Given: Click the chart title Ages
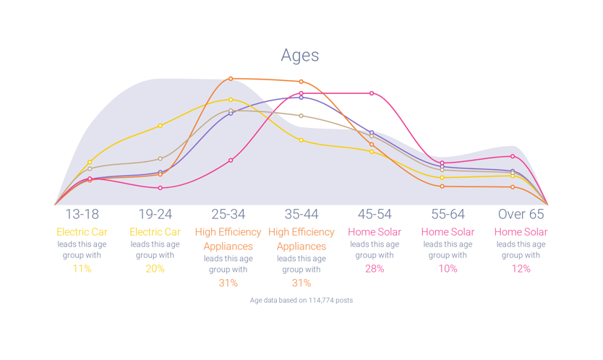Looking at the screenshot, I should coord(300,56).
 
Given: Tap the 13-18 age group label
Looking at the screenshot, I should coord(82,214).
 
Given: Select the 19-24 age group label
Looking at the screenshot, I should coord(155,214).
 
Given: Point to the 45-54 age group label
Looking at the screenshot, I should coord(375,214).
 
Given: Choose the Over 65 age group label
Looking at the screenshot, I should coord(521,214).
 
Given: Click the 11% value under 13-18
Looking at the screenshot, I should coord(82,269).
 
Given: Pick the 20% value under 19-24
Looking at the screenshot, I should coord(155,269).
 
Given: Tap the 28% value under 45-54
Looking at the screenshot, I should coord(375,269).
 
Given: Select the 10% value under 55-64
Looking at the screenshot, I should coord(448,269).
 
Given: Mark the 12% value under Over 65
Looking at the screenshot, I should coord(521,269).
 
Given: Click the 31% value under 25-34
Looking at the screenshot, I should coord(228,283).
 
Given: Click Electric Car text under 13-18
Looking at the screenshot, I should coord(82,232).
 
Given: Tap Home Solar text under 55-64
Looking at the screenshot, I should coord(448,232).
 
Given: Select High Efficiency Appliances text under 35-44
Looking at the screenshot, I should coord(301,239).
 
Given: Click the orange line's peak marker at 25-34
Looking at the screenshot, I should coord(231,79).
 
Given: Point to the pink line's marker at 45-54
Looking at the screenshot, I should coord(372,93).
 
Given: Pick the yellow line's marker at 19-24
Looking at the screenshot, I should coord(161,126).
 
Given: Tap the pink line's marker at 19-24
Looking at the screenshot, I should coord(161,188).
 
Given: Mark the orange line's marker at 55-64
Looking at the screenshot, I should coord(442,187).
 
